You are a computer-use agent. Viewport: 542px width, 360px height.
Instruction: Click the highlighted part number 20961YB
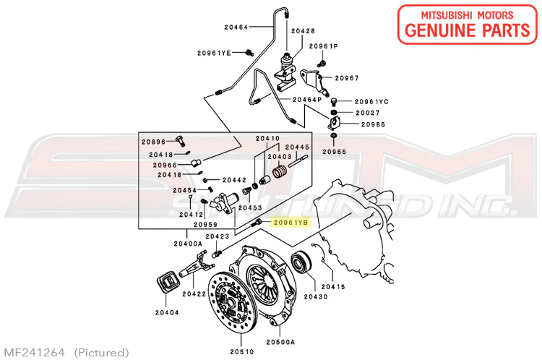[x=291, y=223]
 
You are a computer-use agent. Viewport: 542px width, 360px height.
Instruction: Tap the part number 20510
[x=242, y=352]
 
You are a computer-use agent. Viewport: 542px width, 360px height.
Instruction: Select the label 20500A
[x=280, y=342]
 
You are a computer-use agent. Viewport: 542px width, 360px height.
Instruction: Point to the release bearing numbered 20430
[x=301, y=262]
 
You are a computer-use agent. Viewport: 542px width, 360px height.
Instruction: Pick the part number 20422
[x=194, y=294]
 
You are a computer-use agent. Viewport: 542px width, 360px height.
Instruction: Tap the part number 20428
[x=303, y=31]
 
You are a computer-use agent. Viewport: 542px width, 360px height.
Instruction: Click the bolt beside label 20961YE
[x=249, y=53]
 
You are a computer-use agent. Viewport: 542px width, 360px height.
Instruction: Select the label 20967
[x=347, y=78]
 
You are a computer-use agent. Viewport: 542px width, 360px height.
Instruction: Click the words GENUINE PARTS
[x=468, y=30]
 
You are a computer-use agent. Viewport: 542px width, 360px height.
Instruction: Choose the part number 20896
[x=153, y=142]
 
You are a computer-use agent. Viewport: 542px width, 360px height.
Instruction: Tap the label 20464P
[x=307, y=100]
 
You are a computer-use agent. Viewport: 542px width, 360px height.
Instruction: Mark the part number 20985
[x=373, y=124]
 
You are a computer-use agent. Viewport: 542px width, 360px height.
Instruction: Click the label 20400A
[x=188, y=244]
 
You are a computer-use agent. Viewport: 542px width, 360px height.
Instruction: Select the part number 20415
[x=333, y=287]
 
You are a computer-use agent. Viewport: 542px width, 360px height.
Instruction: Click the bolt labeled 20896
[x=181, y=140]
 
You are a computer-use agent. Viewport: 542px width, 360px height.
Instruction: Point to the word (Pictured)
[x=102, y=353]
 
